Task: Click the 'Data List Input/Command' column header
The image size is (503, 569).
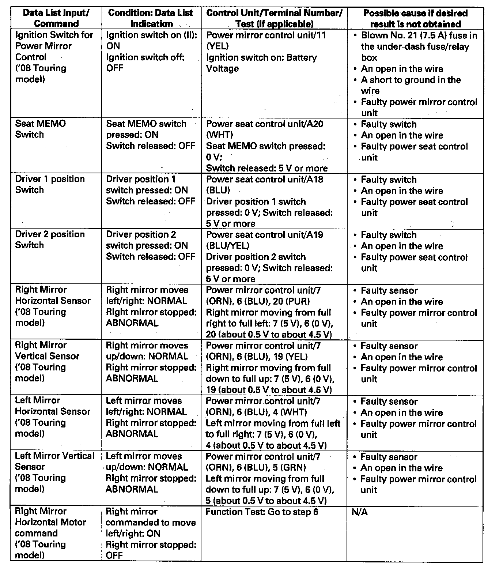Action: coord(56,18)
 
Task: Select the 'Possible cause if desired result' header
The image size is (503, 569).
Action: coord(415,19)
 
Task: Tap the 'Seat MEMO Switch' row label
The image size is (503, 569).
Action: coord(40,129)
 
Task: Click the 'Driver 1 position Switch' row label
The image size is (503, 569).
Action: coord(50,184)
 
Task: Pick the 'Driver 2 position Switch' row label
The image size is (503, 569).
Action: coord(50,240)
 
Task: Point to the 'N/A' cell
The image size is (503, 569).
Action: coord(359,512)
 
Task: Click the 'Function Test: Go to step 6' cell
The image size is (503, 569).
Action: coord(262,512)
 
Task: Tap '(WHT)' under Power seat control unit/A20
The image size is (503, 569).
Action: coord(219,135)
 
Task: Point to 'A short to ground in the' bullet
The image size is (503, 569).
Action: coord(411,80)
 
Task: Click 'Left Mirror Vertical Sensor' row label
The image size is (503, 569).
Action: coord(54,461)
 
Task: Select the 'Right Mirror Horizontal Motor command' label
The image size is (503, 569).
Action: coord(50,522)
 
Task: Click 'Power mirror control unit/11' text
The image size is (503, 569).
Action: coord(266,35)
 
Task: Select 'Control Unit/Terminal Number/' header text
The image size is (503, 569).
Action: coord(274,13)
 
